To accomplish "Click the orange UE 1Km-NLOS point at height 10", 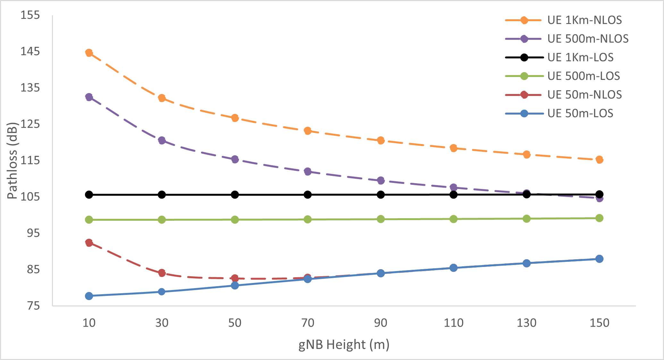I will point(89,53).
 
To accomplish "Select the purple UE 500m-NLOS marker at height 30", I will point(162,140).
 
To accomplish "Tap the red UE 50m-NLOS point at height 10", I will point(89,243).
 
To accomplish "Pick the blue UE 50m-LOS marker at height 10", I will point(89,296).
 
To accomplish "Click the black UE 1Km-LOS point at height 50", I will point(235,194).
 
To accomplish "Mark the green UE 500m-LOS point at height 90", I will point(381,219).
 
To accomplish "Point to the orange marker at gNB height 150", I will point(599,159).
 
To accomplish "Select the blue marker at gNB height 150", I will point(599,259).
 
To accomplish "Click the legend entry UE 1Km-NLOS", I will point(584,20).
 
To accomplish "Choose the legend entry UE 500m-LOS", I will point(584,76).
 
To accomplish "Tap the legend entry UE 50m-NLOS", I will point(584,95).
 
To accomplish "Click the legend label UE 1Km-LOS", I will point(580,57).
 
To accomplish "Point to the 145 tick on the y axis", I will point(30,51).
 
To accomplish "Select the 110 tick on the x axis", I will point(453,323).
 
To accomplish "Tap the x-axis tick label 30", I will point(162,323).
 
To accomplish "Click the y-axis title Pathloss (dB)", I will point(12,160).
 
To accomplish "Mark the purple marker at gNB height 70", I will point(308,171).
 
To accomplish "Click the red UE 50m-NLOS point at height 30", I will point(162,273).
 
